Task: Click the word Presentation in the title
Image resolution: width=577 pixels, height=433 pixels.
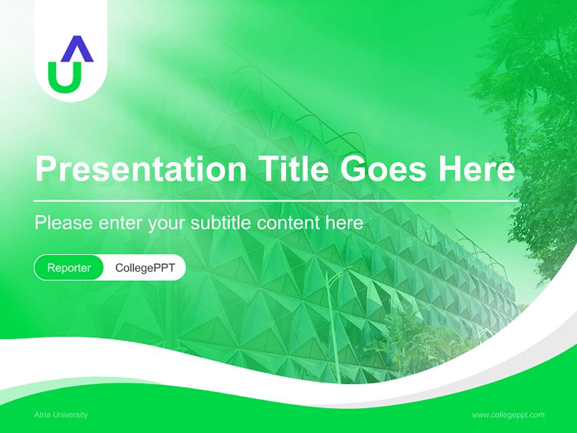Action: coord(141,170)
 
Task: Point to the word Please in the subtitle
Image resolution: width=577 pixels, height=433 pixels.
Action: coord(64,223)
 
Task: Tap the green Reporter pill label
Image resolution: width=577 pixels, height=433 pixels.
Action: coord(69,268)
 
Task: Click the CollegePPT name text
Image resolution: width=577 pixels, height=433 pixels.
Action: coord(145,268)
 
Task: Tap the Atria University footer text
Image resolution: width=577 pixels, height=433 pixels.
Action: coord(61,414)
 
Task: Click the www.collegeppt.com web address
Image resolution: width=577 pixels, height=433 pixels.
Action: coord(508,414)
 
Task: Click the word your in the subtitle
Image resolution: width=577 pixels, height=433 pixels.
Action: coord(168,224)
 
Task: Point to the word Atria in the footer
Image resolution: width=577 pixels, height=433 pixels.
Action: coord(42,414)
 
